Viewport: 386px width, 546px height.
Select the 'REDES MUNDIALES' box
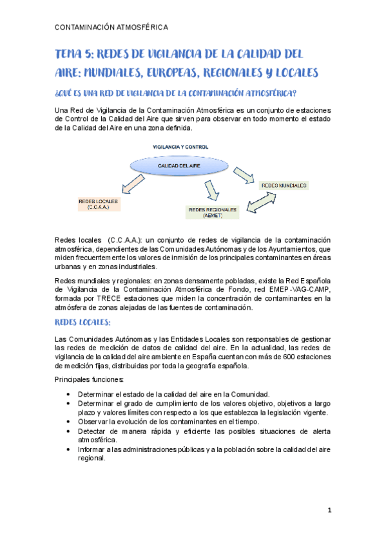(284, 185)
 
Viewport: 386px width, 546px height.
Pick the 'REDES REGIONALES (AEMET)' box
(212, 212)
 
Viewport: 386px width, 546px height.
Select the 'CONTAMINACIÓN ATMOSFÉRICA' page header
(112, 27)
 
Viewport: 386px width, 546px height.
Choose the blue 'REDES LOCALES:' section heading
(84, 322)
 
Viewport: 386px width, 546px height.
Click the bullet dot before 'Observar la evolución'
(69, 422)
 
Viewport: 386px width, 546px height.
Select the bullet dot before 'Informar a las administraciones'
(69, 449)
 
